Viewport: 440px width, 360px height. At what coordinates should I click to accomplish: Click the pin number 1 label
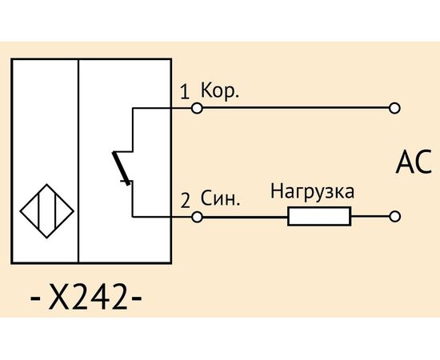click(184, 92)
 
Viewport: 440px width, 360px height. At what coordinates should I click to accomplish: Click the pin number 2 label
click(186, 200)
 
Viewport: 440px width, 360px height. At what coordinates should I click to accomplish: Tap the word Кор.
click(220, 91)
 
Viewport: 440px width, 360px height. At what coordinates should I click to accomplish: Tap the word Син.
click(220, 198)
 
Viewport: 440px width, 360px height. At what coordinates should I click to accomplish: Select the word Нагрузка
click(312, 192)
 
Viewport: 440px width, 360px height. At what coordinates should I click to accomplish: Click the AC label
click(414, 162)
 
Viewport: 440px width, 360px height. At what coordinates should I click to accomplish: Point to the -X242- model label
click(86, 296)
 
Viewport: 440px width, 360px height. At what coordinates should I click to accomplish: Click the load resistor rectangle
click(319, 216)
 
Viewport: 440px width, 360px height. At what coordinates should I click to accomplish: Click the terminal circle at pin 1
click(197, 108)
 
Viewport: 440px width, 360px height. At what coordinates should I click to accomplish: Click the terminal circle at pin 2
click(197, 217)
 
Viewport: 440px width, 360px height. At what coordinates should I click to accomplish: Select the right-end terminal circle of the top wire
click(394, 108)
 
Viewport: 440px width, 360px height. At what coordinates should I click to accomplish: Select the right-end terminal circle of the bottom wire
click(394, 217)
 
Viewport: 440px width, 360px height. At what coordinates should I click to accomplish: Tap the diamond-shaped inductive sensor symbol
click(47, 211)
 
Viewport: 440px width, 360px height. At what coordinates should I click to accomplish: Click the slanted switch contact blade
click(122, 168)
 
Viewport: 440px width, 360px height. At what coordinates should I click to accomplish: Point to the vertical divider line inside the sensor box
click(78, 161)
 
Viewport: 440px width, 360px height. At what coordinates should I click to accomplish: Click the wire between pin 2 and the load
click(245, 217)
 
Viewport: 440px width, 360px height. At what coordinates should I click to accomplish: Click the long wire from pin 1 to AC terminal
click(296, 108)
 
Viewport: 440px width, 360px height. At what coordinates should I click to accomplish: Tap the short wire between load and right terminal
click(370, 217)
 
